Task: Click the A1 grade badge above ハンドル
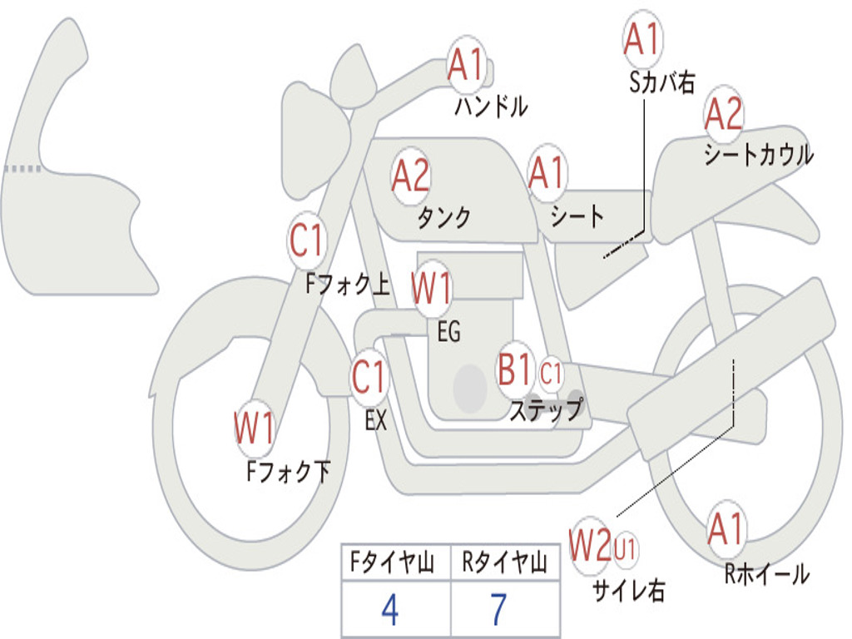point(466,65)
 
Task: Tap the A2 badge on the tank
point(411,176)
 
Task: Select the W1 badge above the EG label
point(432,288)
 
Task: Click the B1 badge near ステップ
point(515,369)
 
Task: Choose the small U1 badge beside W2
point(625,548)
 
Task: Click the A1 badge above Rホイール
point(726,529)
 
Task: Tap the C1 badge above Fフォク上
point(306,240)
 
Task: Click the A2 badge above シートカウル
point(724,113)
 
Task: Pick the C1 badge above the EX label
point(369,377)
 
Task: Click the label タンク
point(444,217)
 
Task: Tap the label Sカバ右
point(662,82)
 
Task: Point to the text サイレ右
point(629,590)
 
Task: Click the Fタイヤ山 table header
point(392,562)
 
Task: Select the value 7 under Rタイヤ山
point(498,609)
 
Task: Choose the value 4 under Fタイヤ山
point(390,609)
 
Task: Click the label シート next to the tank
point(577,215)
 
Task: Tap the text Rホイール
point(766,574)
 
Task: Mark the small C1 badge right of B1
point(551,374)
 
